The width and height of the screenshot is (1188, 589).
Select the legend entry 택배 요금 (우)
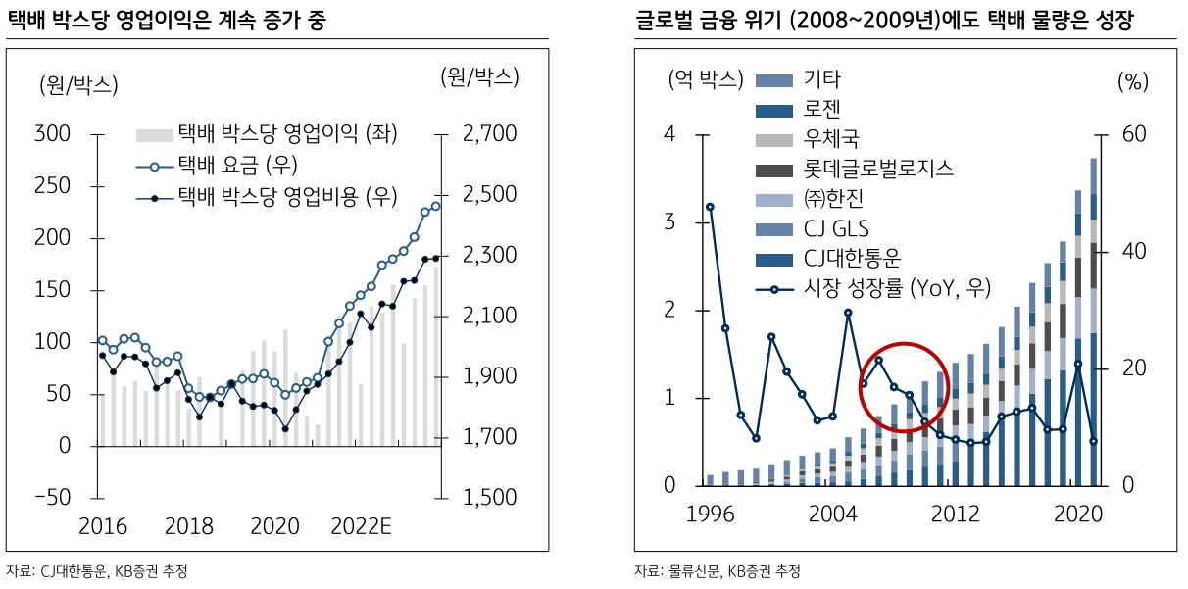pyautogui.click(x=236, y=164)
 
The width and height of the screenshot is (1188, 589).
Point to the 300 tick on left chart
pyautogui.click(x=53, y=133)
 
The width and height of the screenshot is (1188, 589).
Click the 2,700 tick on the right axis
pyautogui.click(x=490, y=133)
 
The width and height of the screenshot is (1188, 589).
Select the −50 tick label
pyautogui.click(x=53, y=497)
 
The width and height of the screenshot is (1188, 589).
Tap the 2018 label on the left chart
pyautogui.click(x=189, y=526)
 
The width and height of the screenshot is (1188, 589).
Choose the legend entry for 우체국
pyautogui.click(x=838, y=139)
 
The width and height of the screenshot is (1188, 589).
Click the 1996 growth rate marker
pyautogui.click(x=710, y=207)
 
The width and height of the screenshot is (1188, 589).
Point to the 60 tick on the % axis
pyautogui.click(x=1134, y=133)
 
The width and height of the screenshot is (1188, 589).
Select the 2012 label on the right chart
pyautogui.click(x=956, y=515)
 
